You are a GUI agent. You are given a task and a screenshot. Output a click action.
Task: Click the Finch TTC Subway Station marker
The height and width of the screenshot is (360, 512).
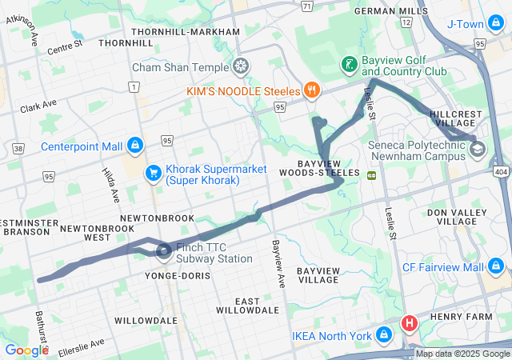pos(164,253)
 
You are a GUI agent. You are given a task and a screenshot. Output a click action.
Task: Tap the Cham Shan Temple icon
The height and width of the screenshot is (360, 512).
pos(240,66)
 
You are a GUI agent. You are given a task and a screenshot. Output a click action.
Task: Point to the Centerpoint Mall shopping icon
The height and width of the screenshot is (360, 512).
pos(134,146)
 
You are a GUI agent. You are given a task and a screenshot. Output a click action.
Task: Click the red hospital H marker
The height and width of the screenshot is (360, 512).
pos(410,324)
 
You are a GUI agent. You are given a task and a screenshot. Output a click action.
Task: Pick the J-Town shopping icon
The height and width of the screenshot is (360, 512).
pos(496,24)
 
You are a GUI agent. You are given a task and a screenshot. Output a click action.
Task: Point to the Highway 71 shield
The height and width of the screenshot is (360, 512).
pos(307,6)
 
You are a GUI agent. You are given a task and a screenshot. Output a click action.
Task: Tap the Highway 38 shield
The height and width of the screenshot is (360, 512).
pos(18,147)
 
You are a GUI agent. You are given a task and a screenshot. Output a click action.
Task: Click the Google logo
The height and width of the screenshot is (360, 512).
pos(26,350)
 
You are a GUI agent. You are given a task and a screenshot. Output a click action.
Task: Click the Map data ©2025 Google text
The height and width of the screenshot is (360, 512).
pos(462,354)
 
